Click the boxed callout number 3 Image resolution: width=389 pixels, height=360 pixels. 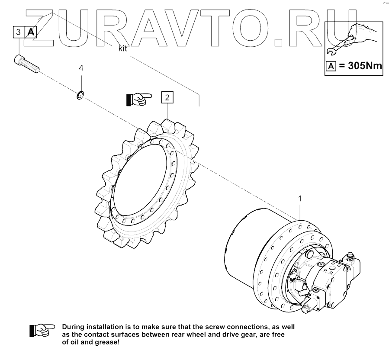(x=18, y=32)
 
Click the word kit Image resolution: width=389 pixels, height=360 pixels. (x=123, y=49)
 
